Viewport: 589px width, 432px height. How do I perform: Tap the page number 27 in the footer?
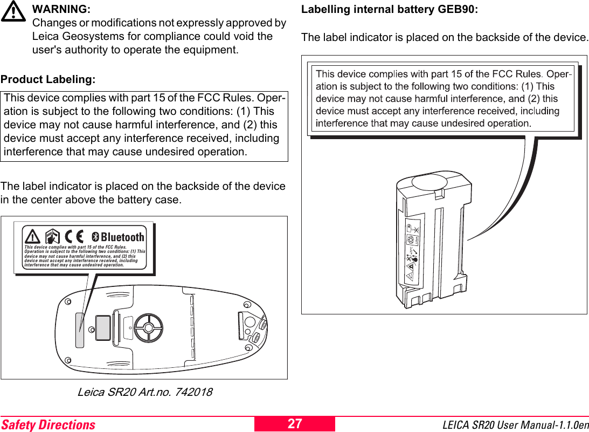[x=295, y=424]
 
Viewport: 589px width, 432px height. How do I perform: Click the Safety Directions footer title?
[x=48, y=425]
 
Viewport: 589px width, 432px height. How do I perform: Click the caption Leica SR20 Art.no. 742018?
[x=145, y=392]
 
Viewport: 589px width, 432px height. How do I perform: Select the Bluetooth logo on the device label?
[x=117, y=237]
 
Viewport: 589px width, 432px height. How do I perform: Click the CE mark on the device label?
[x=74, y=237]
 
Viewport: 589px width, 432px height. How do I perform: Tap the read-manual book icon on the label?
[x=53, y=237]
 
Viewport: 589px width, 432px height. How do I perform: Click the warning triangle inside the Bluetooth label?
[x=33, y=237]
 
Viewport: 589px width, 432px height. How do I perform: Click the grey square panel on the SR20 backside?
[x=103, y=328]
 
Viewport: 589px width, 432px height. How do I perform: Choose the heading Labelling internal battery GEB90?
[x=389, y=10]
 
